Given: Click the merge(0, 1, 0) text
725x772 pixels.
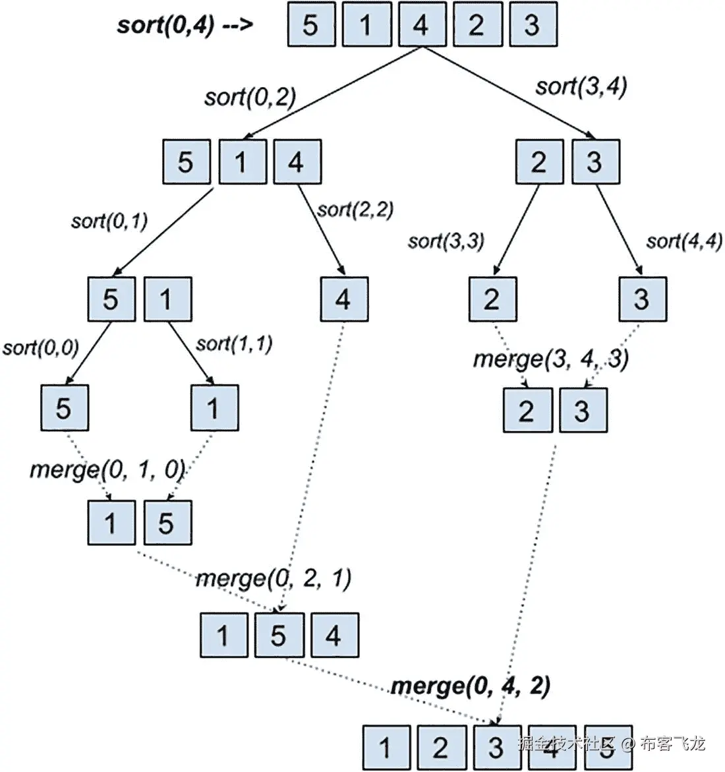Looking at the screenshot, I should (x=107, y=469).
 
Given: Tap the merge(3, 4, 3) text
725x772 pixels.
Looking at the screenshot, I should (x=551, y=359).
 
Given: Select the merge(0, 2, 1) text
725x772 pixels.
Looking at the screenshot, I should (x=274, y=578).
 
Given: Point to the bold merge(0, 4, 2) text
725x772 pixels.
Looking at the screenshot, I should (x=471, y=686).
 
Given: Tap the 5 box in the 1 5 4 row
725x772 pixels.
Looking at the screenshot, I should (x=279, y=635).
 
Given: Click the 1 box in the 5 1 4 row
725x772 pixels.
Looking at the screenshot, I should (x=242, y=161).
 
